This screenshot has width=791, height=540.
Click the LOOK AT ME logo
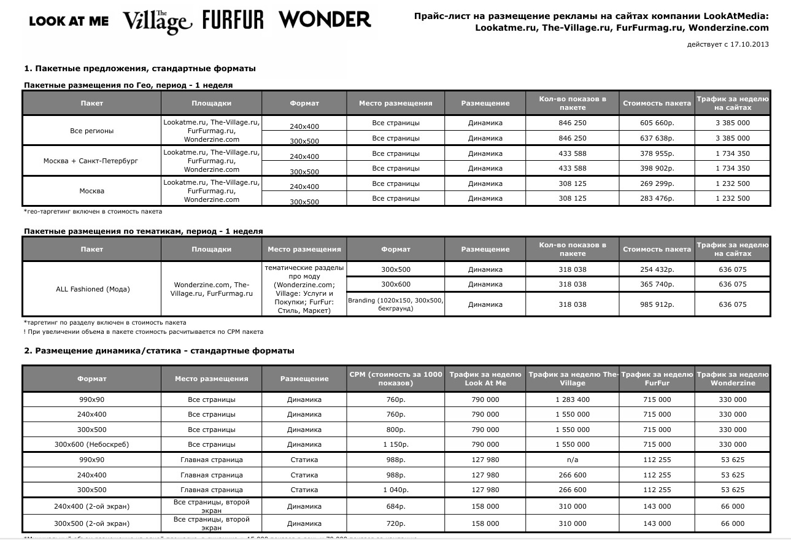click(69, 21)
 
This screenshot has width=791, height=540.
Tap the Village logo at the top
click(158, 21)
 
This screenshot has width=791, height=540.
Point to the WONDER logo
click(325, 20)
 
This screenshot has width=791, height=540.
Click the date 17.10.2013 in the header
click(750, 44)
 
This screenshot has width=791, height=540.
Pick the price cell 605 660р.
click(656, 123)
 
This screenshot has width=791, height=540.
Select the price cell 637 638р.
click(656, 138)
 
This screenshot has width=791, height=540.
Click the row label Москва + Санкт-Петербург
click(91, 161)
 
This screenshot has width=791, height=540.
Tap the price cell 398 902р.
click(656, 168)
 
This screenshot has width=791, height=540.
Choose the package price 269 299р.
click(656, 183)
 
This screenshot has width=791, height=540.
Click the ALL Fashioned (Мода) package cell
click(93, 289)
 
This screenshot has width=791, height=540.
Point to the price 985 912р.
click(656, 304)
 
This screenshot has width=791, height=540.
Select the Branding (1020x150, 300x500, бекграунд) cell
click(395, 304)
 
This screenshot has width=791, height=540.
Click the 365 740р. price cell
click(656, 284)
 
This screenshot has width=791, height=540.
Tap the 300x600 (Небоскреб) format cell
click(91, 444)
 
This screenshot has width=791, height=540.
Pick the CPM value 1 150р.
click(395, 444)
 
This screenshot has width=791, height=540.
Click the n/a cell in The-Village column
click(573, 460)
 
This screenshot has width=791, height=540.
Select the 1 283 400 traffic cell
click(573, 399)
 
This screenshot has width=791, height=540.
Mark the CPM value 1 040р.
click(395, 490)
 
